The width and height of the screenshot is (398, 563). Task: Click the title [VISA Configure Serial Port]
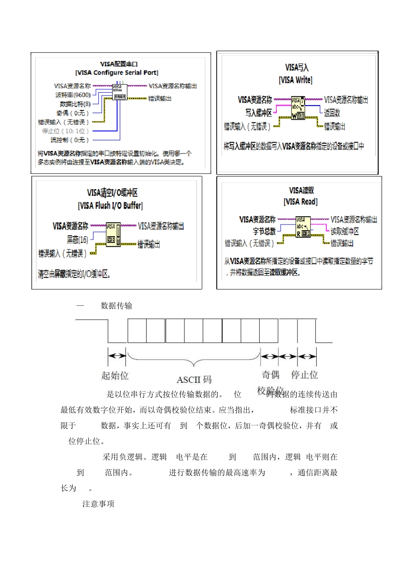click(x=117, y=73)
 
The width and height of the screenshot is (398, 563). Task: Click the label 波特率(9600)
click(x=73, y=95)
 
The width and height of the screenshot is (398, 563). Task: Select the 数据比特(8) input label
click(x=75, y=104)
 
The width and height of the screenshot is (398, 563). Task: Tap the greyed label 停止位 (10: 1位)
click(x=65, y=131)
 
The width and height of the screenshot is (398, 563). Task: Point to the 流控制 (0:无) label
click(x=70, y=140)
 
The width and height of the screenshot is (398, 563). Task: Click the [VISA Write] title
click(x=295, y=80)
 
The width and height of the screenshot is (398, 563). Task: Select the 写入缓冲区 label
click(x=258, y=113)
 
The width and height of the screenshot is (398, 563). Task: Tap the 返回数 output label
click(x=332, y=113)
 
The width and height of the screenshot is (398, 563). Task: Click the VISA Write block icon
click(x=298, y=108)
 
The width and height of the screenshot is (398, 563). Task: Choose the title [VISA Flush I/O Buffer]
click(x=110, y=206)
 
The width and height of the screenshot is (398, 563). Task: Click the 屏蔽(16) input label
click(x=78, y=240)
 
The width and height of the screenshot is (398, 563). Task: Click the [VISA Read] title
click(x=300, y=202)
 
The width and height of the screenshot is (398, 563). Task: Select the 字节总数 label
click(x=264, y=231)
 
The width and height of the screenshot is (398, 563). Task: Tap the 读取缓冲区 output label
click(x=345, y=231)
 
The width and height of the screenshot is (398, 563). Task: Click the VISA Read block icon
click(x=303, y=227)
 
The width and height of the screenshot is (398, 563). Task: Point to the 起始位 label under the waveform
click(x=115, y=375)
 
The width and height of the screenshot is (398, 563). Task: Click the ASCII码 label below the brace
click(x=194, y=380)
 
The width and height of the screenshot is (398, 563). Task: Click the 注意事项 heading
click(x=98, y=504)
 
